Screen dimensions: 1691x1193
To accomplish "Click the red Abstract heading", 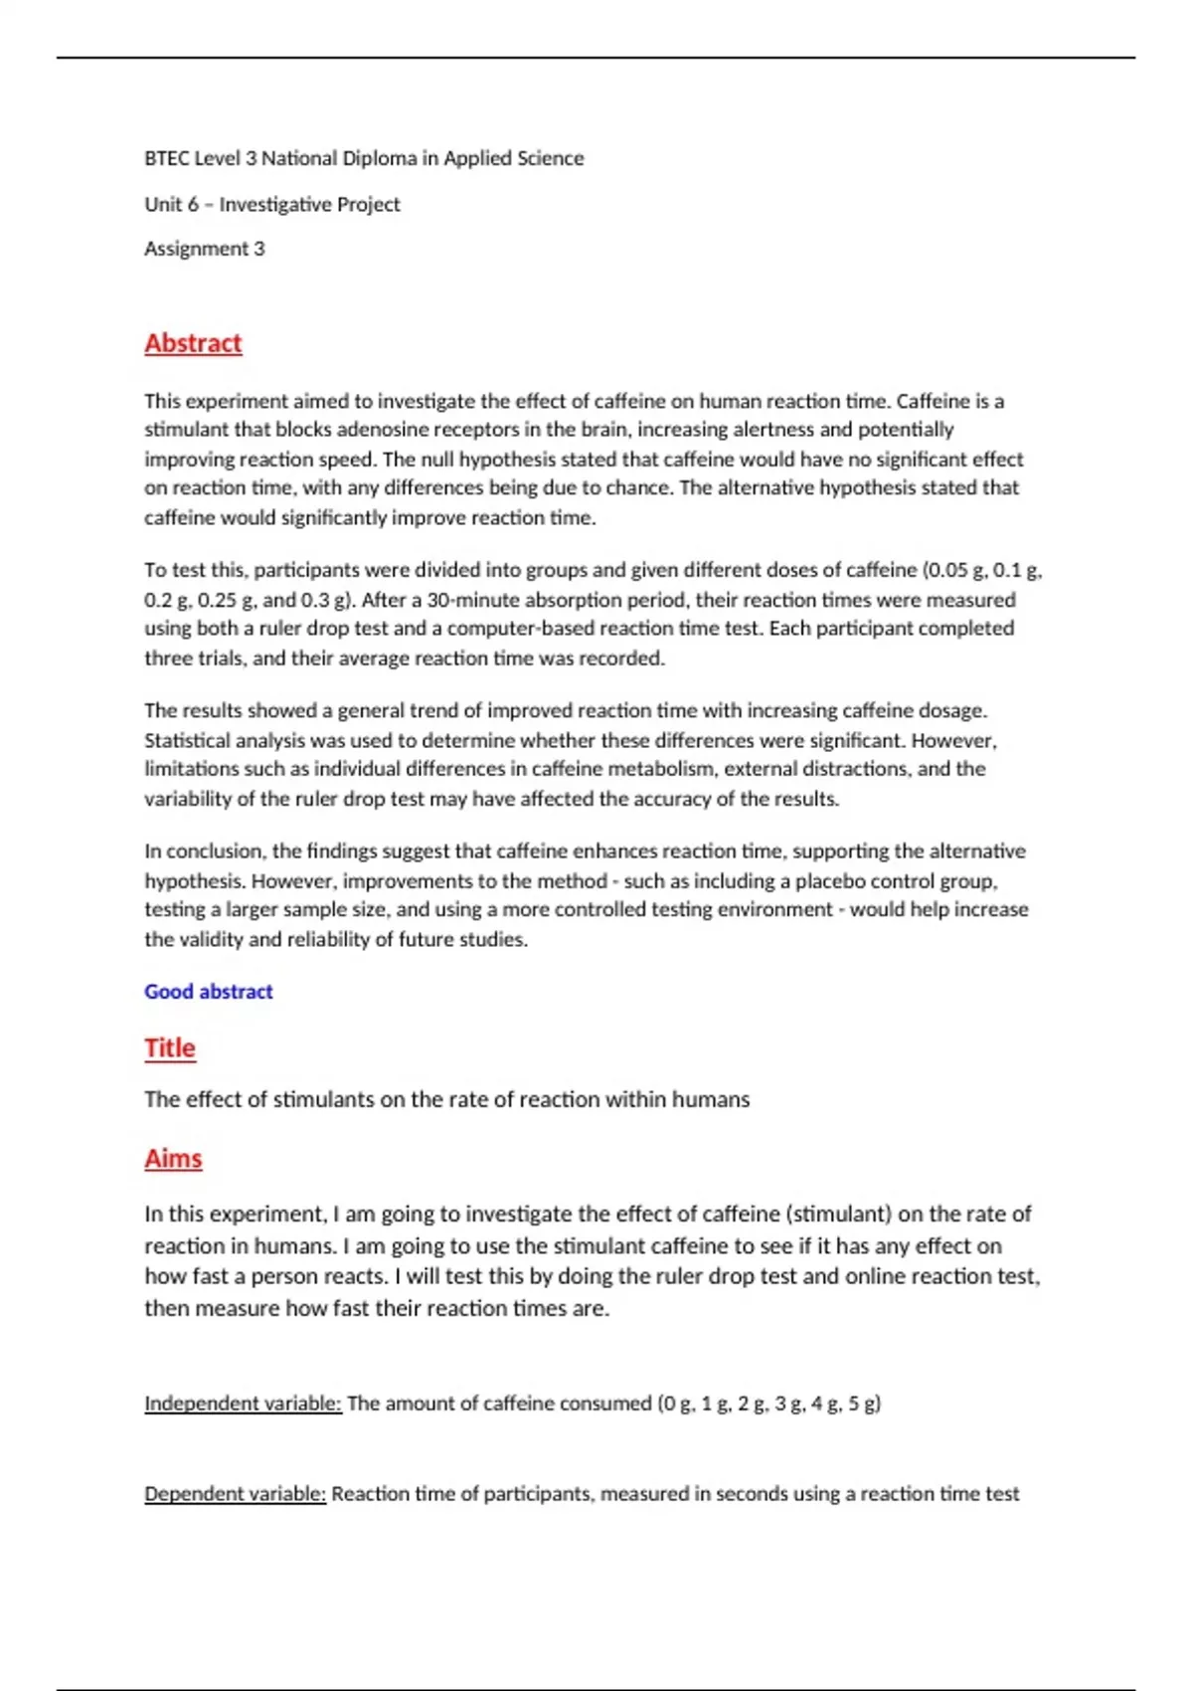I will coord(193,343).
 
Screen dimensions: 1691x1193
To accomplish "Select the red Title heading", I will coord(170,1048).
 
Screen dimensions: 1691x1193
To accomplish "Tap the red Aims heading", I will coord(173,1159).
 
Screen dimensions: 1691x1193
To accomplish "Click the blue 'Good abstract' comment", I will coord(208,992).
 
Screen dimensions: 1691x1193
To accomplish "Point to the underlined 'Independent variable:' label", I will coord(243,1404).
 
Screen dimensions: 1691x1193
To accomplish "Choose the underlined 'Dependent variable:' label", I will coord(235,1494).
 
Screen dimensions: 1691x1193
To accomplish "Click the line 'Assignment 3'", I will coord(204,249).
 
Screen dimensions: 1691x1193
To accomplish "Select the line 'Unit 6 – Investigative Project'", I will coord(271,204).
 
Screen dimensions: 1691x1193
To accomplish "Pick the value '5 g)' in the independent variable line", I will coord(864,1404).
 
